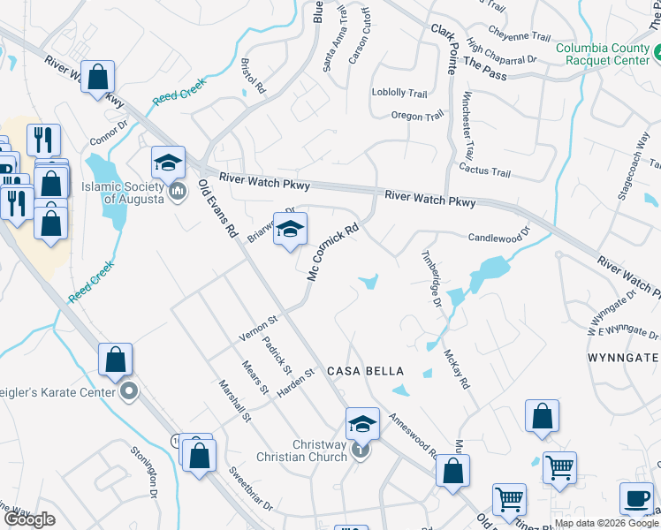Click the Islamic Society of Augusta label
122,193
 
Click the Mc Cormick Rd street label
332,253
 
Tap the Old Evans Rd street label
219,208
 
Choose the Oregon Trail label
418,117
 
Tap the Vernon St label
258,327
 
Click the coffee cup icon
636,496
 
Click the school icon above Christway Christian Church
361,424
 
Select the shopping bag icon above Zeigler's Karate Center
115,360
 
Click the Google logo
29,519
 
